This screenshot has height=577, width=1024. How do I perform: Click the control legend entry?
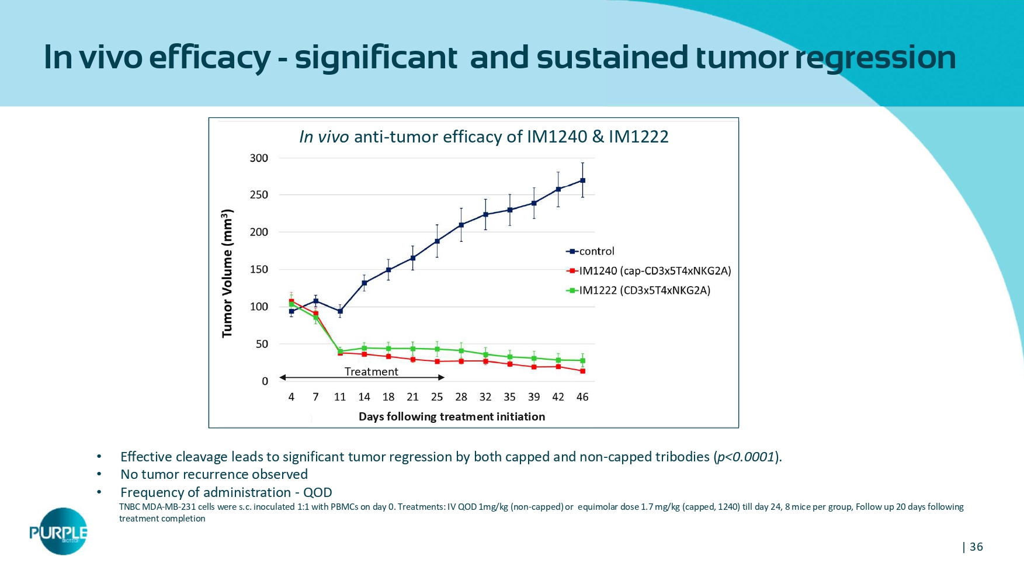click(x=590, y=252)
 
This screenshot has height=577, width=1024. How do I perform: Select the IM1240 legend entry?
click(x=648, y=271)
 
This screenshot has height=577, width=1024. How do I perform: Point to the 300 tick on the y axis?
click(x=259, y=158)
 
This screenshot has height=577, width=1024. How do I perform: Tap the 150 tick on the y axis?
click(x=259, y=269)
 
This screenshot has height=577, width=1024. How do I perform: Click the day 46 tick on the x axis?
click(x=582, y=397)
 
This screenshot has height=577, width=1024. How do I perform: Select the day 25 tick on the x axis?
click(x=437, y=397)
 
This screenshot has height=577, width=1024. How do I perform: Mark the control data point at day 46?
click(x=582, y=180)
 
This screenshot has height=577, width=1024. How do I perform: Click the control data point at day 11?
click(x=340, y=311)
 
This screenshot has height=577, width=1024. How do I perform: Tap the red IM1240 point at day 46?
click(x=582, y=371)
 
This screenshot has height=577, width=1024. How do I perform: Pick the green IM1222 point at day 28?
click(x=461, y=351)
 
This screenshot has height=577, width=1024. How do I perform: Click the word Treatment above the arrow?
click(x=371, y=371)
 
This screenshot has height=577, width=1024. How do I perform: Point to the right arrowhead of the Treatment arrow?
click(x=442, y=378)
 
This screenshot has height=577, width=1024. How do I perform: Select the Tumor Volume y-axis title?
click(x=227, y=273)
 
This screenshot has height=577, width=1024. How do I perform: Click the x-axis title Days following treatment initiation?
click(x=452, y=416)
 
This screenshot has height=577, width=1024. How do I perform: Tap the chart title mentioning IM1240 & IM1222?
click(x=484, y=137)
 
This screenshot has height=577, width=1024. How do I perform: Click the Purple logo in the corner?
click(x=59, y=531)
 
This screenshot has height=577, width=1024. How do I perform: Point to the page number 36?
click(x=976, y=547)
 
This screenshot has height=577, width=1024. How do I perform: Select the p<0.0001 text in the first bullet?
click(x=746, y=457)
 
